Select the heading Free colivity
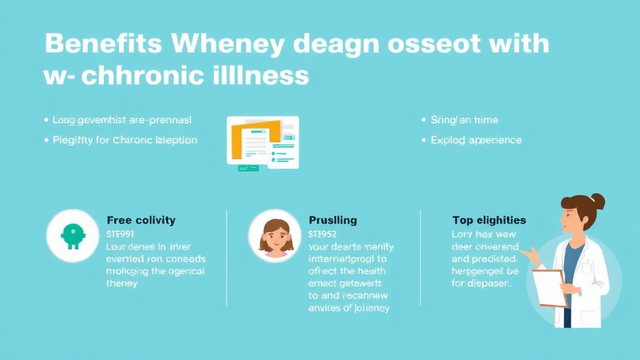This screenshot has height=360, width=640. click(x=141, y=220)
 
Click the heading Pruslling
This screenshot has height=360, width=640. click(x=333, y=220)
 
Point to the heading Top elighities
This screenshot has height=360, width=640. click(x=489, y=220)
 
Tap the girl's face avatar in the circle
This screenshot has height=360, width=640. click(x=275, y=236)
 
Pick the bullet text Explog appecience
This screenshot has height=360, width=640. click(x=476, y=140)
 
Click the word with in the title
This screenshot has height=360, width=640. click(x=518, y=44)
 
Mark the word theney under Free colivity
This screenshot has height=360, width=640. click(x=122, y=283)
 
